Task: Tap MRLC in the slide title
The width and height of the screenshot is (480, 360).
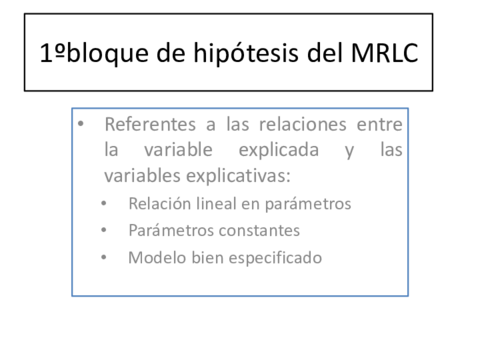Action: click(392, 52)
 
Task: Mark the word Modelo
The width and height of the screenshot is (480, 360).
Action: click(154, 257)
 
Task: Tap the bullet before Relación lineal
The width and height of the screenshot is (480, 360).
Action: click(106, 204)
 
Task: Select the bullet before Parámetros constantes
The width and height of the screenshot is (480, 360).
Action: click(106, 230)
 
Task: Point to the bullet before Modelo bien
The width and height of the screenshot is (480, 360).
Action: click(106, 257)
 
